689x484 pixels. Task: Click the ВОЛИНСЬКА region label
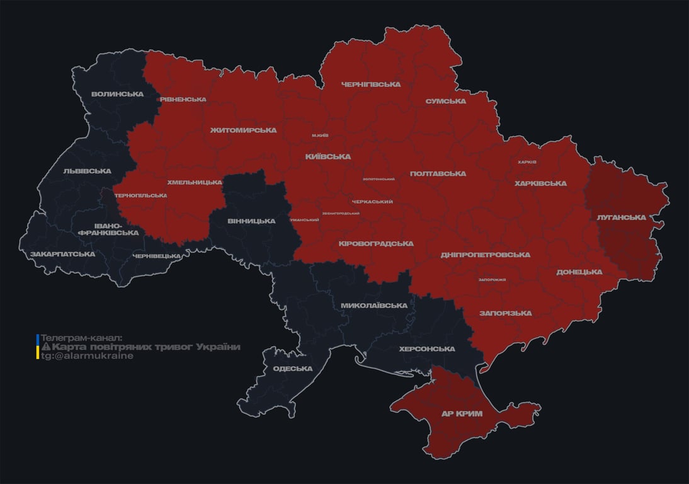[117, 95]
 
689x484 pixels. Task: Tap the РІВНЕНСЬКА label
[183, 100]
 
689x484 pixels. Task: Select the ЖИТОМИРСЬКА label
[243, 130]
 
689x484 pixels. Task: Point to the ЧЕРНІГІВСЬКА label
[371, 84]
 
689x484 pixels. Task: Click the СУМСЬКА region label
[445, 101]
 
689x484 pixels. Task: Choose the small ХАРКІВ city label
[527, 162]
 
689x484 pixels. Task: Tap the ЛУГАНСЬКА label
[621, 217]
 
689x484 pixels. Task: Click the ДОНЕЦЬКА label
[579, 272]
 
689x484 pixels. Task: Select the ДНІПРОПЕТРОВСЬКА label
[485, 255]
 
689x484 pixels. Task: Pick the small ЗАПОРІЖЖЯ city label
[492, 280]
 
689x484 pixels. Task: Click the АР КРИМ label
[461, 414]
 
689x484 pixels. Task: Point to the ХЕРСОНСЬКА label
[427, 349]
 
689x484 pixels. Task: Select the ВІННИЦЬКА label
[251, 221]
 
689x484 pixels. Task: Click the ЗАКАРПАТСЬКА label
[62, 255]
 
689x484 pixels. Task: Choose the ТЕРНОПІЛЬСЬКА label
[140, 195]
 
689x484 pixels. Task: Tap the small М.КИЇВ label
[320, 135]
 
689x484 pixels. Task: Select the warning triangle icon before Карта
[45, 347]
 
